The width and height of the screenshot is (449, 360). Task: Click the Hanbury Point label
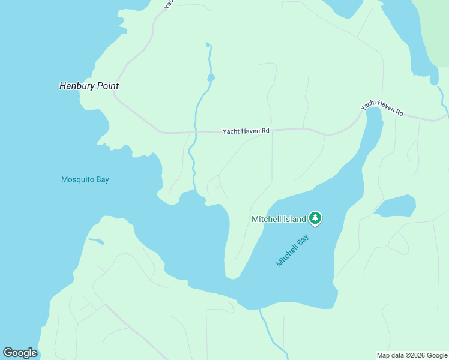(x=89, y=86)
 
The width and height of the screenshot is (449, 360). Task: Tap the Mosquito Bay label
(x=85, y=179)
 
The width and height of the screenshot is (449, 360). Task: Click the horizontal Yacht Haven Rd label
(x=246, y=131)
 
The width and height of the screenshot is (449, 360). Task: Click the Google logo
(x=20, y=353)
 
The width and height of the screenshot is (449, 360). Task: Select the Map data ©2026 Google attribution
(x=412, y=355)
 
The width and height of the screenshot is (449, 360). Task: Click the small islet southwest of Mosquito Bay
(x=95, y=241)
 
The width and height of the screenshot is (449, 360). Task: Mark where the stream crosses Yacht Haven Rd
(x=195, y=131)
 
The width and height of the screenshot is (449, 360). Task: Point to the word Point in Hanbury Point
(x=106, y=86)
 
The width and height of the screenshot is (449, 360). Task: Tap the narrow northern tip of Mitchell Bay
(x=373, y=114)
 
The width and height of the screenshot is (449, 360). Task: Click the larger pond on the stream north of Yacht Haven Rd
(x=211, y=78)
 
